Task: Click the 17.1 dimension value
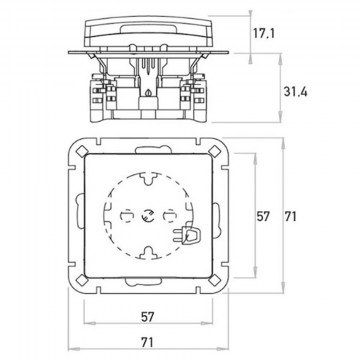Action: [263, 33]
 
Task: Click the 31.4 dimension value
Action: [295, 92]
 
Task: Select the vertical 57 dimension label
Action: [263, 217]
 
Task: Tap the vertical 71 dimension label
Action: [291, 217]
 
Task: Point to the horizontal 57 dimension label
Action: [147, 317]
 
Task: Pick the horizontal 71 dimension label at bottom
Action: [147, 342]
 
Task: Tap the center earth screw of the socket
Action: [147, 216]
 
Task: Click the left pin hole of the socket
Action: [126, 216]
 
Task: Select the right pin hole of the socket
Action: [169, 216]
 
